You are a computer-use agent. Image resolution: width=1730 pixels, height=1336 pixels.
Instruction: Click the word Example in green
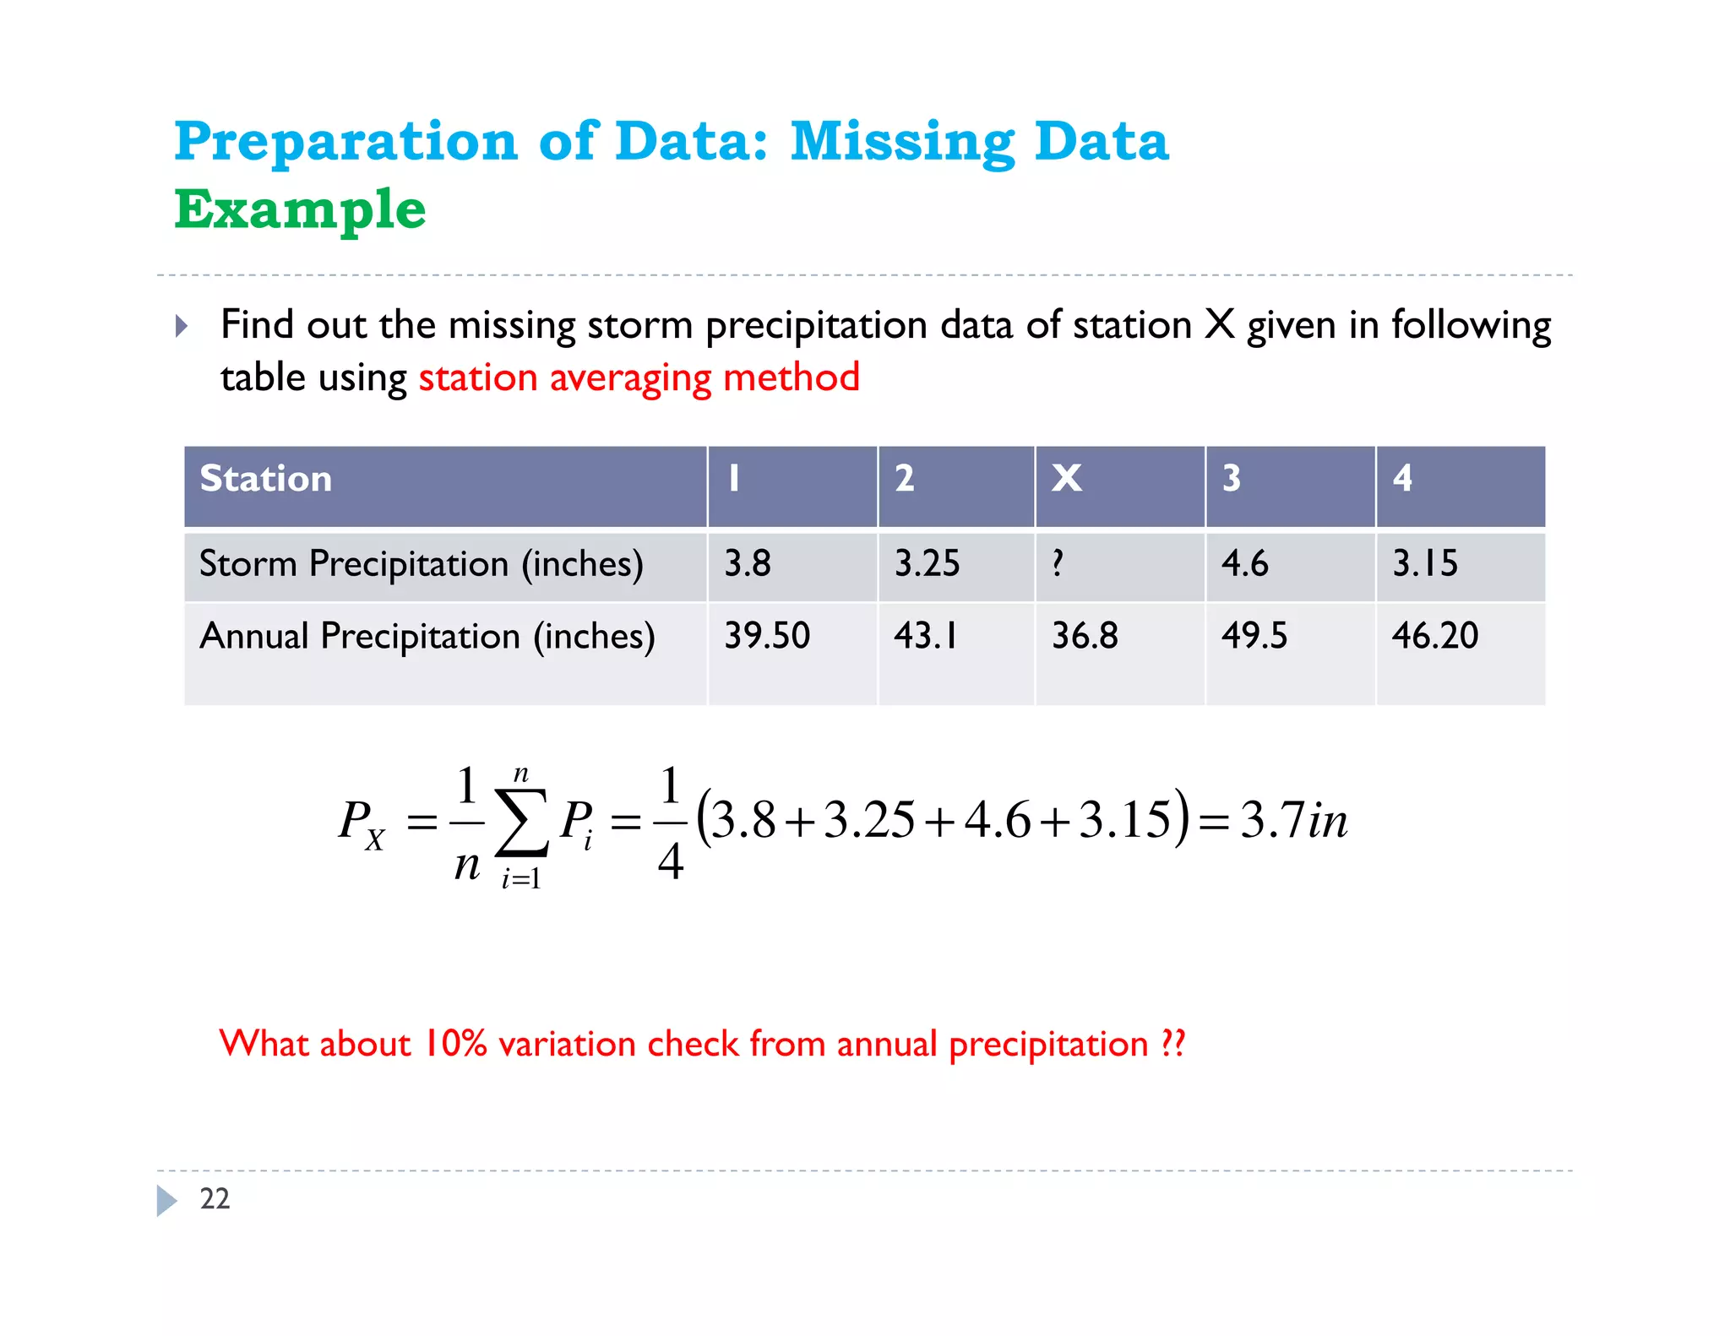point(300,209)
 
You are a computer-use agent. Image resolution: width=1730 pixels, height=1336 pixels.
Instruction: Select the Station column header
point(265,479)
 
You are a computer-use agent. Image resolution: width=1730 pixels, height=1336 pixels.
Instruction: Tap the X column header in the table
point(1066,478)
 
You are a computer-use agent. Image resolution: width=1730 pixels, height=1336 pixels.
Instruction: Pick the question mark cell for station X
point(1058,563)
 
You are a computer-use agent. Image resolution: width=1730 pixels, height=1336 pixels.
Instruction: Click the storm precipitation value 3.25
point(927,563)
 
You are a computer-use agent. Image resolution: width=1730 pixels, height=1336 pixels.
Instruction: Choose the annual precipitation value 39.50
point(766,635)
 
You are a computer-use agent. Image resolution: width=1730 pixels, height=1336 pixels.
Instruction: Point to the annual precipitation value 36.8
point(1085,635)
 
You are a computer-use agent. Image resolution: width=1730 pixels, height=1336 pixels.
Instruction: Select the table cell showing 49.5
point(1254,635)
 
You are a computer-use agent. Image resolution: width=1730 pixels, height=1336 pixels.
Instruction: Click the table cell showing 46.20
point(1434,635)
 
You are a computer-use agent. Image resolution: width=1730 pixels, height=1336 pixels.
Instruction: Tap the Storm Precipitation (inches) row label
point(421,563)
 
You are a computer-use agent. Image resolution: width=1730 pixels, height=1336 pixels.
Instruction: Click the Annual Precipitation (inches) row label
point(427,636)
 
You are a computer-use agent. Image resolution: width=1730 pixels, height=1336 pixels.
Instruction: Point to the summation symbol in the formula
point(521,823)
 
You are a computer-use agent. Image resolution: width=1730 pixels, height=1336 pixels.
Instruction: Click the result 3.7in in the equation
point(1293,820)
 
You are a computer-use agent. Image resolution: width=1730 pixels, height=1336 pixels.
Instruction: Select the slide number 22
point(215,1198)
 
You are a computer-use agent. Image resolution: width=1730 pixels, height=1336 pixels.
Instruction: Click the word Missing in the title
point(901,141)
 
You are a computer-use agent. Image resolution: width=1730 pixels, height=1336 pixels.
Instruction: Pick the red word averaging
point(630,377)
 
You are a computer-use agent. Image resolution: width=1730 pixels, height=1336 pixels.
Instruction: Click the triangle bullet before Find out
point(182,326)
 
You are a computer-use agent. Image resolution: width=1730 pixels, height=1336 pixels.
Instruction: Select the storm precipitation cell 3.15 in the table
point(1424,563)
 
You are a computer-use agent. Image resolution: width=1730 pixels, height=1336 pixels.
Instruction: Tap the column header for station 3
point(1232,478)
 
